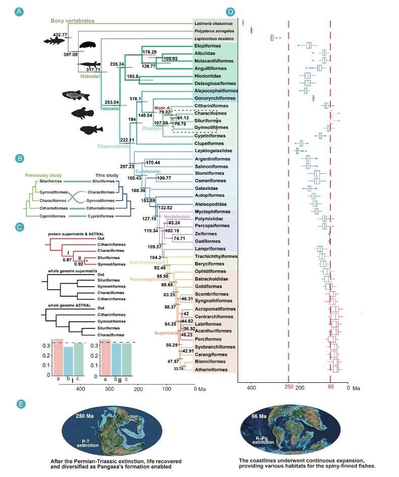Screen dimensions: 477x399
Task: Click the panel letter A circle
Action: tap(19, 11)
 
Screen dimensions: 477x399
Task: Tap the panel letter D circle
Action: tap(231, 11)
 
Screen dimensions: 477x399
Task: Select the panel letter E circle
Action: tap(19, 403)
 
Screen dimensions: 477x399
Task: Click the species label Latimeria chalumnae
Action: tap(212, 23)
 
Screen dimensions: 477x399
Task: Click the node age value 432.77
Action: tap(60, 34)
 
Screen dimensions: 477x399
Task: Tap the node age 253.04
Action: tap(110, 102)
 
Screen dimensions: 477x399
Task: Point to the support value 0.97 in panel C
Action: tap(54, 259)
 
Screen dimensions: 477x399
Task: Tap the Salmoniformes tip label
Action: tap(212, 166)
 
